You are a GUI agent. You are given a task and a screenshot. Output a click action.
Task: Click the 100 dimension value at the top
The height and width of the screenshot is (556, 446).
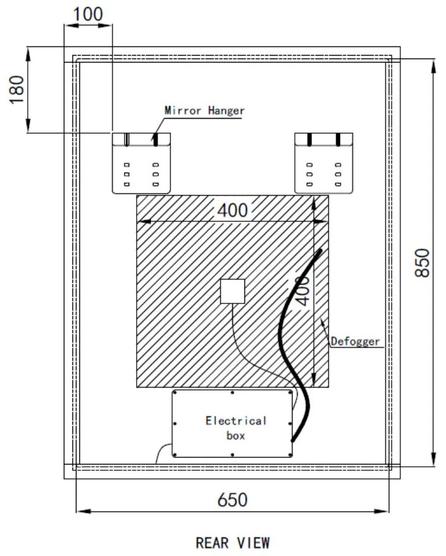click(x=88, y=15)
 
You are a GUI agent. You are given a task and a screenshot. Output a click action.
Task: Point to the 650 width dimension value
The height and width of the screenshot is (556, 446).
click(x=232, y=499)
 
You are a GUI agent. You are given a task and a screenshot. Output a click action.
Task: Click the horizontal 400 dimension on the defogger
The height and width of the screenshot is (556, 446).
click(x=232, y=210)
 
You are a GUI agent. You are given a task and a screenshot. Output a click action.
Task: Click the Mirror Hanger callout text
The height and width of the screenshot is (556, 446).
click(x=204, y=110)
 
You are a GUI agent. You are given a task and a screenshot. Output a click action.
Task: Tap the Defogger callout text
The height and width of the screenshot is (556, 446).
click(x=355, y=341)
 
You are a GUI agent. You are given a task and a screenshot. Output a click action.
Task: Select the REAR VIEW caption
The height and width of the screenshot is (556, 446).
click(x=232, y=543)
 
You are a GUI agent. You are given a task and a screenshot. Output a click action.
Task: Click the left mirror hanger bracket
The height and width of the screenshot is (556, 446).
click(x=141, y=163)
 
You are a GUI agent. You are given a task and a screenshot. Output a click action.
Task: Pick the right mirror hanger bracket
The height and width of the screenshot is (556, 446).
click(x=324, y=163)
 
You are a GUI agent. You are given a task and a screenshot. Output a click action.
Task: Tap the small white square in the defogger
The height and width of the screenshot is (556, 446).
click(x=232, y=291)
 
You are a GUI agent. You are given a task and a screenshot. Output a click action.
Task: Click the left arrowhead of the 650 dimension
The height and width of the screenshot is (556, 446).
click(x=81, y=511)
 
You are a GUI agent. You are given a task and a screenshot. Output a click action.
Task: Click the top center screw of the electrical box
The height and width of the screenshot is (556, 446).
click(x=232, y=392)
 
